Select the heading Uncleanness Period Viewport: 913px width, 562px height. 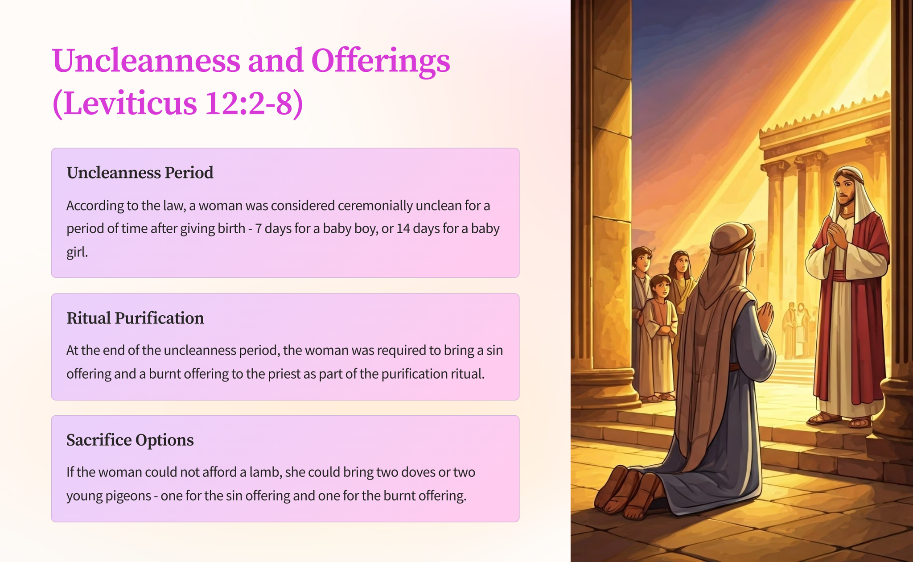pos(140,173)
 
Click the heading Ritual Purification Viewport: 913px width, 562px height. pos(135,318)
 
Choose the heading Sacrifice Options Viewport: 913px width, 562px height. pos(130,440)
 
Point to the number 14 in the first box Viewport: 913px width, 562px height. pos(403,228)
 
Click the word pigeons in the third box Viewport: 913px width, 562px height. pos(129,496)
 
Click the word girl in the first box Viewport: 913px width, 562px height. pos(77,252)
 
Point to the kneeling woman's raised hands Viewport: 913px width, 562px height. pos(766,316)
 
